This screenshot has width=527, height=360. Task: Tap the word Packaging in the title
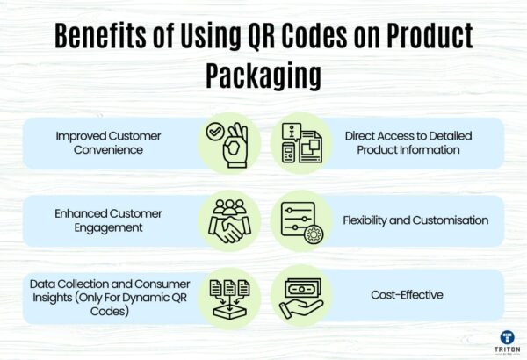coord(263,75)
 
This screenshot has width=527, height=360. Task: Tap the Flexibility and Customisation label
coord(415,220)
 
